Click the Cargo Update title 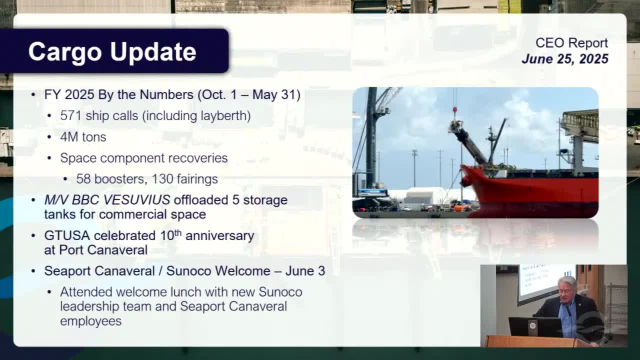click(112, 52)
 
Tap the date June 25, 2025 click(564, 59)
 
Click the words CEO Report click(571, 43)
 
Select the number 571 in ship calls click(71, 115)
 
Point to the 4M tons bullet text click(83, 136)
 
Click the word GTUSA click(67, 235)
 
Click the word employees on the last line click(90, 320)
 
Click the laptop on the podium click(535, 327)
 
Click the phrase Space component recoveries click(143, 157)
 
